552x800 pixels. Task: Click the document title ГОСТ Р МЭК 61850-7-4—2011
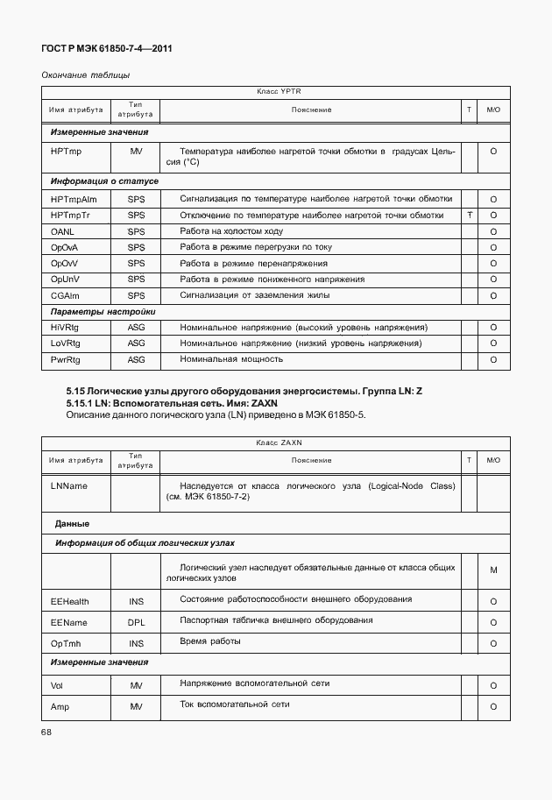(x=107, y=50)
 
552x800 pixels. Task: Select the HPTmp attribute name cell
(x=66, y=152)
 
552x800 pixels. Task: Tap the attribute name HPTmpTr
(x=70, y=216)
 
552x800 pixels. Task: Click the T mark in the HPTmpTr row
(x=471, y=216)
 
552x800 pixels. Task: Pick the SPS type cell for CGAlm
(x=136, y=295)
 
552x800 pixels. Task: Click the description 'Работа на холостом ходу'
(x=231, y=231)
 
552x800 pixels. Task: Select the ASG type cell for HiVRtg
(x=136, y=328)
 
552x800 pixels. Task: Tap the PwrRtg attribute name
(x=65, y=359)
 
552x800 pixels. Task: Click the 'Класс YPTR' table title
(x=279, y=91)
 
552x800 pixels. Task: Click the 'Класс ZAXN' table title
(x=279, y=443)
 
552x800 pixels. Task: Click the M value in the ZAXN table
(x=493, y=570)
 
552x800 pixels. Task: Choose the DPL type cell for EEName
(x=136, y=622)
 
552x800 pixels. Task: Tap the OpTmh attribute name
(x=66, y=643)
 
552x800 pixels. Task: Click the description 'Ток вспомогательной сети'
(x=234, y=704)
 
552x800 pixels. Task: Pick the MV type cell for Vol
(x=136, y=685)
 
